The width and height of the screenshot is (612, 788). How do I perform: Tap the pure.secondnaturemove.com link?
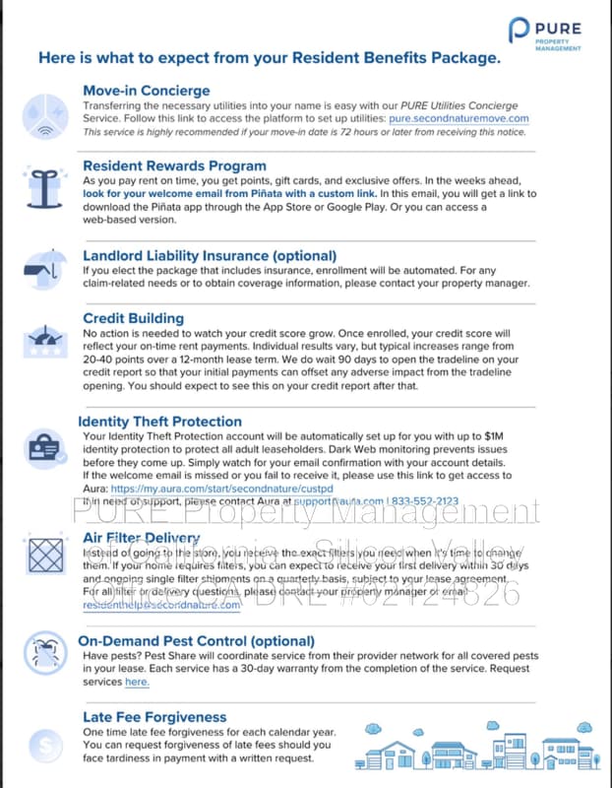click(x=459, y=118)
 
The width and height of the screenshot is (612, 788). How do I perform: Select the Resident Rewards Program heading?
click(x=174, y=166)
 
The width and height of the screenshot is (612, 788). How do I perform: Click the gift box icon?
click(x=43, y=184)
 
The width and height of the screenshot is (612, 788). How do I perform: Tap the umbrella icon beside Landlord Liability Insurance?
click(x=43, y=265)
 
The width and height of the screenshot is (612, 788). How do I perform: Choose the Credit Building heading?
click(x=133, y=318)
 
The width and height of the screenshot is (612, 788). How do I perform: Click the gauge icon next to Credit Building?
click(x=43, y=341)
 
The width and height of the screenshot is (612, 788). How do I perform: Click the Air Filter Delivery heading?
click(x=142, y=539)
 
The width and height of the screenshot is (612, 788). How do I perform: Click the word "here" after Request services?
click(x=137, y=682)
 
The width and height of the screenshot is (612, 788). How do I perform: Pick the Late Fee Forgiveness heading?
click(x=154, y=717)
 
